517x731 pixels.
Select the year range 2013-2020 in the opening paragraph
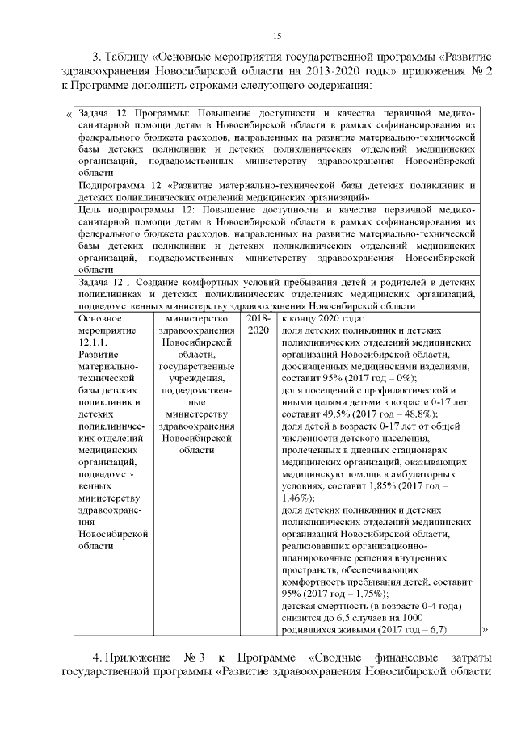(x=313, y=72)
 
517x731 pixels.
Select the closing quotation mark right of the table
(x=485, y=628)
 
